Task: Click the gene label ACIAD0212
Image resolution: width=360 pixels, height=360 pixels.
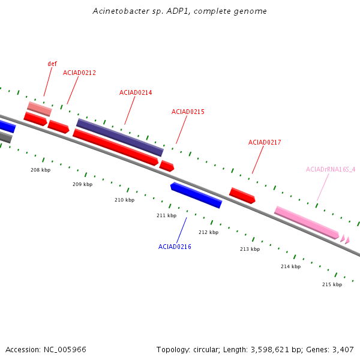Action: tap(79, 73)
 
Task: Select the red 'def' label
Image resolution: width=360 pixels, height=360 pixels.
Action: tap(52, 64)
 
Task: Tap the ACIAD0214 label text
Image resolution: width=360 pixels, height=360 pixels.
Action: tap(136, 92)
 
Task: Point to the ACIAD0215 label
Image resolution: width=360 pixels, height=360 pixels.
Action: tap(188, 112)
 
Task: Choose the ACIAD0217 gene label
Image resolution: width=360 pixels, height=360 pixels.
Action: tap(265, 142)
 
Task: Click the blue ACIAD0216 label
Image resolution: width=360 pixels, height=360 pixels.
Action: tap(175, 247)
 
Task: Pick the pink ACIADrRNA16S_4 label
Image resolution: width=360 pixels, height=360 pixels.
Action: tap(331, 169)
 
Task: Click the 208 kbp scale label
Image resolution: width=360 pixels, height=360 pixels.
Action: tap(41, 170)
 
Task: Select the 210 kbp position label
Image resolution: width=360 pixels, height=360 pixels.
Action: tap(124, 200)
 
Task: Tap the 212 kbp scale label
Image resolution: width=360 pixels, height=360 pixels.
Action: tap(208, 232)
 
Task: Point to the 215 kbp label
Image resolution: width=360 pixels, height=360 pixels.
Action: tap(332, 284)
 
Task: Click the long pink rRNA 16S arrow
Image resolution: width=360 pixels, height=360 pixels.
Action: tap(307, 223)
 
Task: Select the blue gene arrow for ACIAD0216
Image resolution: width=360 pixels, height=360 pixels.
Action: tap(196, 196)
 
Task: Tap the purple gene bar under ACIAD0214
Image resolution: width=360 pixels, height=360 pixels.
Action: tap(119, 137)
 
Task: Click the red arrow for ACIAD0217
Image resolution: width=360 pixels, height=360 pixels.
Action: tap(242, 195)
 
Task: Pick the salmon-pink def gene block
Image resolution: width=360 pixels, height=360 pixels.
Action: tap(39, 109)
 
